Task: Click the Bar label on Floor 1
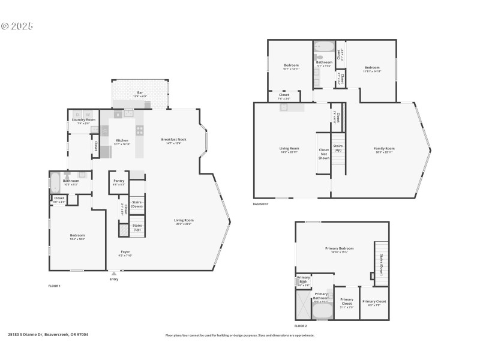click(x=140, y=92)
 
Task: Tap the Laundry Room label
click(x=83, y=120)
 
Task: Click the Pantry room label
click(x=118, y=181)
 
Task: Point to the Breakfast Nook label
click(x=174, y=140)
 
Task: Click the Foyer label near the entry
click(x=125, y=252)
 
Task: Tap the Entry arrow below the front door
click(x=114, y=274)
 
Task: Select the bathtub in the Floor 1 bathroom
click(x=55, y=182)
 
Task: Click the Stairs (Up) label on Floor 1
click(x=137, y=227)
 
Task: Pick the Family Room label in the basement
click(x=384, y=149)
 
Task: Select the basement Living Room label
click(x=289, y=149)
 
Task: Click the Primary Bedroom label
click(x=339, y=248)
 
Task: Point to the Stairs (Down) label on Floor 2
click(x=382, y=265)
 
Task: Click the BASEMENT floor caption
click(x=261, y=204)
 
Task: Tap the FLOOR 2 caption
click(x=301, y=326)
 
